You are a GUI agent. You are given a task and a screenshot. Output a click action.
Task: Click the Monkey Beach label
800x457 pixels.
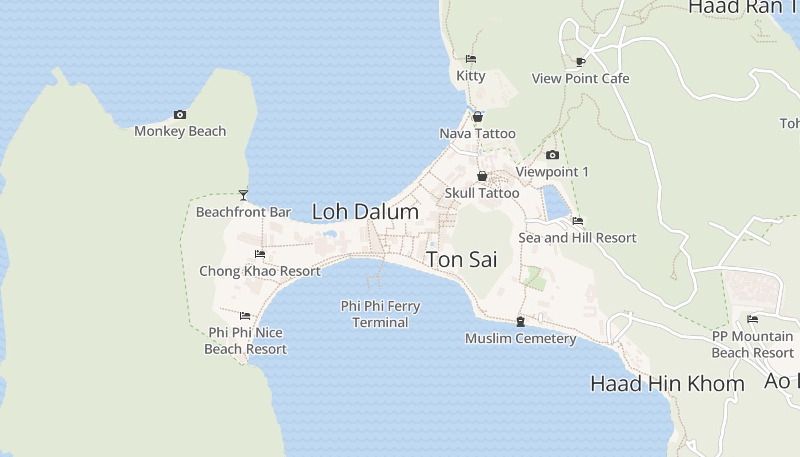[180, 131]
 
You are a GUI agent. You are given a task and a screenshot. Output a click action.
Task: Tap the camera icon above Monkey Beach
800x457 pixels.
[180, 115]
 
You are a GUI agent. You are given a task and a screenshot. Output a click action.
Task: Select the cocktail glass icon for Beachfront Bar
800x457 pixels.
[243, 195]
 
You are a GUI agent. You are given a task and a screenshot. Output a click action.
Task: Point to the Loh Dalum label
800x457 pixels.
[365, 212]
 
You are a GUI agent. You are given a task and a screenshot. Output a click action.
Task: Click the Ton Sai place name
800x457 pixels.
[462, 259]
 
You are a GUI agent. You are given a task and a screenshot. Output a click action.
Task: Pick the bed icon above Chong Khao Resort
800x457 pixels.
[260, 254]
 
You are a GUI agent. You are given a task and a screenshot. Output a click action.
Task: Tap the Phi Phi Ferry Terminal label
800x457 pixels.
[381, 314]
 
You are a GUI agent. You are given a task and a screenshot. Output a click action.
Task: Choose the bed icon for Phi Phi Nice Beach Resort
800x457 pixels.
[245, 316]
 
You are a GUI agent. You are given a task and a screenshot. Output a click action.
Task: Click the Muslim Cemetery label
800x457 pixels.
[521, 339]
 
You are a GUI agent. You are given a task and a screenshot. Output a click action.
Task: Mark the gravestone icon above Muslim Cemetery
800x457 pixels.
[521, 322]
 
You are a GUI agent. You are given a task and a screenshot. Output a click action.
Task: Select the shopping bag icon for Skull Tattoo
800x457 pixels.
[482, 176]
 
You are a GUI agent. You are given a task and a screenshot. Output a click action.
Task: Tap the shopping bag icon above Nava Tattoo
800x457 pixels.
[478, 117]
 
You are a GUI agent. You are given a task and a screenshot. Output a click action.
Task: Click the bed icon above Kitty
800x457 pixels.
[471, 59]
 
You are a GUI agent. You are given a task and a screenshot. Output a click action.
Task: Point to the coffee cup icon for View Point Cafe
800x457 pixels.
[581, 62]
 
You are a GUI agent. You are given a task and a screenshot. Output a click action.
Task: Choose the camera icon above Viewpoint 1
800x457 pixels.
[552, 155]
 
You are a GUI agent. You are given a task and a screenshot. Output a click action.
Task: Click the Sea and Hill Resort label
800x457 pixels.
[577, 238]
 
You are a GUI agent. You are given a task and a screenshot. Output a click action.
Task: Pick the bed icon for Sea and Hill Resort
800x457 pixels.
[578, 221]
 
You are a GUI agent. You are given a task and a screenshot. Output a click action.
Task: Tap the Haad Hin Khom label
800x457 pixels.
[667, 383]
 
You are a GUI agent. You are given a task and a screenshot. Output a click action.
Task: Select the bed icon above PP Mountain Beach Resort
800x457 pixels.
[753, 319]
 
